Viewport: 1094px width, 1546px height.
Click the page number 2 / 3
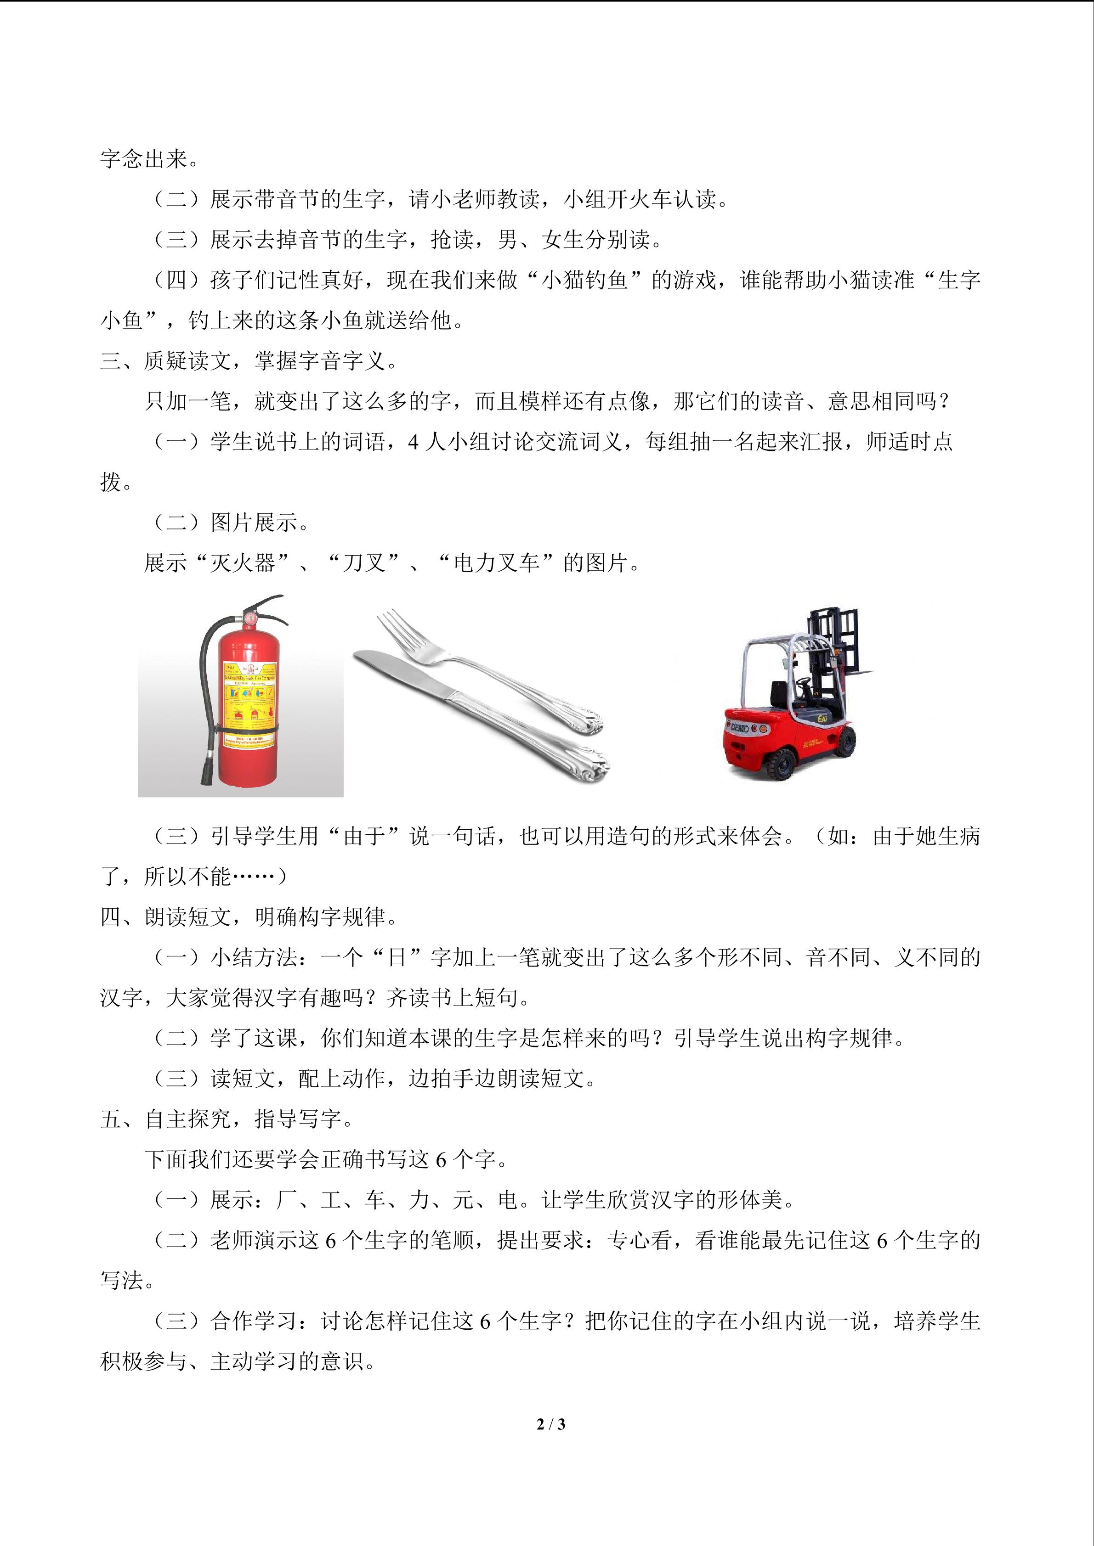click(550, 1424)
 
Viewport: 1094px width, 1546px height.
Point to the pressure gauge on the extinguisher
click(249, 616)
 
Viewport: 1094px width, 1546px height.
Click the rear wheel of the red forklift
click(782, 764)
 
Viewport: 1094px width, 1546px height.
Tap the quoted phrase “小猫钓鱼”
click(585, 280)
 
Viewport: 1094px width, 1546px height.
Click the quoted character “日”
click(397, 957)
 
